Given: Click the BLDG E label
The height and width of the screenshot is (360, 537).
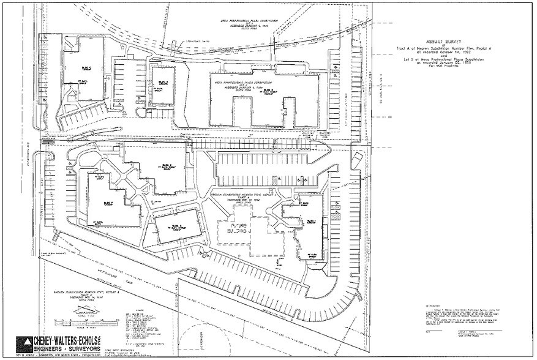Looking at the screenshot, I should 166,165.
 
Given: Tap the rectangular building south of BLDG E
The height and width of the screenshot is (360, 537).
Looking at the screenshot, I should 178,227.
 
